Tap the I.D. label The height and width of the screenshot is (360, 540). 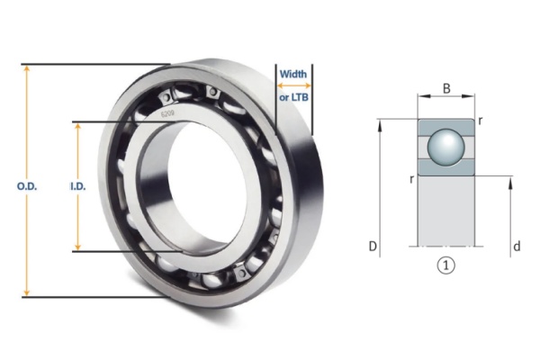[x=77, y=185]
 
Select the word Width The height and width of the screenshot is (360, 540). [x=293, y=74]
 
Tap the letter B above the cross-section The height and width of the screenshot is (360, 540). [x=446, y=88]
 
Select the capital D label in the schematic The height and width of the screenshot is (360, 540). [x=372, y=245]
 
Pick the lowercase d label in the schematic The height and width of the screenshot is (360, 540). [x=516, y=245]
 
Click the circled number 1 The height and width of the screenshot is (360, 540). [x=445, y=265]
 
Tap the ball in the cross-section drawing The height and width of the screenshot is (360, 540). [x=445, y=147]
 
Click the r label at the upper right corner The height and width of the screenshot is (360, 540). [x=482, y=120]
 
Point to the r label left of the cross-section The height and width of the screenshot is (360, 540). [x=411, y=179]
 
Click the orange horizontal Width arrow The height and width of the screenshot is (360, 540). [x=293, y=85]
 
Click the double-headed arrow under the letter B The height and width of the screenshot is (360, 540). [x=446, y=101]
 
